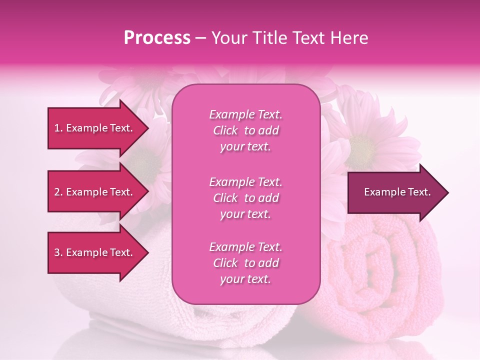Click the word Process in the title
pyautogui.click(x=157, y=38)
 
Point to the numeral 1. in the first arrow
pyautogui.click(x=58, y=128)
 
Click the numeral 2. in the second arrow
pyautogui.click(x=58, y=192)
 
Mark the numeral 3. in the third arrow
pyautogui.click(x=58, y=252)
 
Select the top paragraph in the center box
pyautogui.click(x=245, y=130)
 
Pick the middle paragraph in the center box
pyautogui.click(x=245, y=198)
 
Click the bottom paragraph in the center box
pyautogui.click(x=245, y=263)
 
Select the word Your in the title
pyautogui.click(x=228, y=38)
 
